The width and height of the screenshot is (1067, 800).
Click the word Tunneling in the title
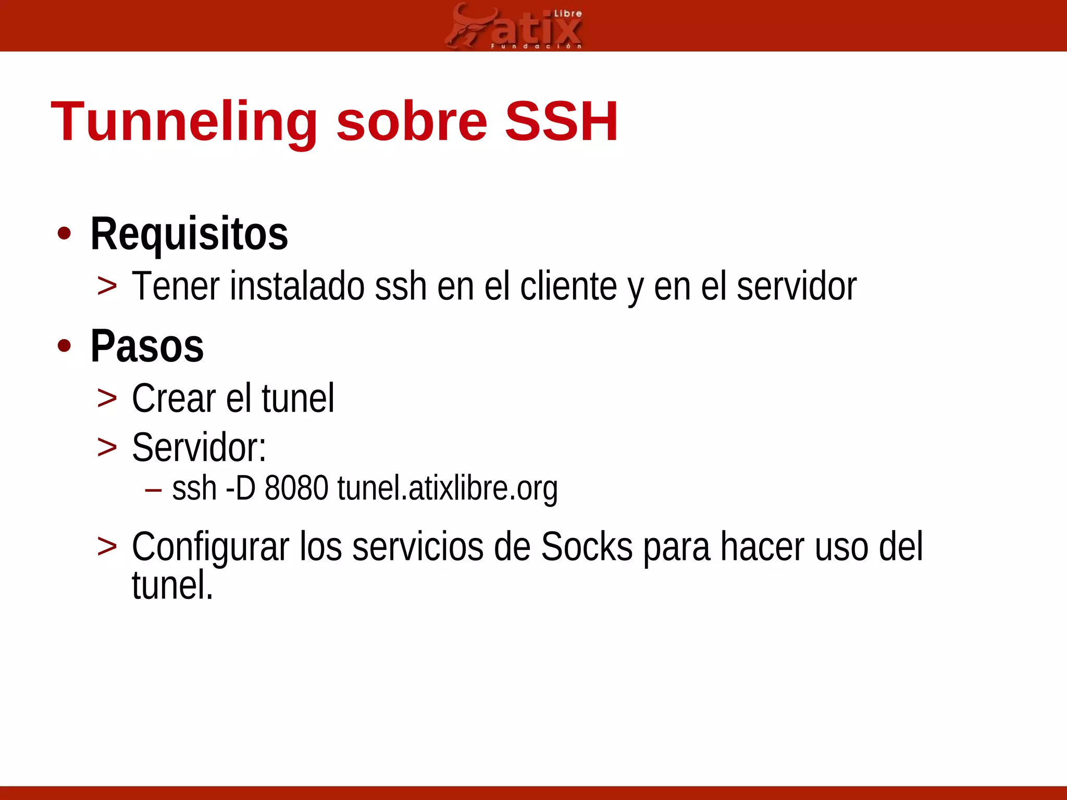184,122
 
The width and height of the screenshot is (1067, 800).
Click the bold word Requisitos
189,234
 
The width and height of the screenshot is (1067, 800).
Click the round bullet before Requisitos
64,234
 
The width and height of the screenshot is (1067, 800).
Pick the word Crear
173,398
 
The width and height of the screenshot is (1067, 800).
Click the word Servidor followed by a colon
198,447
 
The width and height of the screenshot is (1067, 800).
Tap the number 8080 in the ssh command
296,489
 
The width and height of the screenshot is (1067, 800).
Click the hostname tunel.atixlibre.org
447,489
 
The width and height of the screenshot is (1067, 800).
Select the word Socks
587,547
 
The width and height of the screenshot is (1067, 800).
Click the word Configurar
210,547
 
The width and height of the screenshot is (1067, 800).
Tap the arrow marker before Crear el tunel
107,399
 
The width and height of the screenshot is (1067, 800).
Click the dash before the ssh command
153,490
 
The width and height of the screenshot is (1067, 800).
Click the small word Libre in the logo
567,14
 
